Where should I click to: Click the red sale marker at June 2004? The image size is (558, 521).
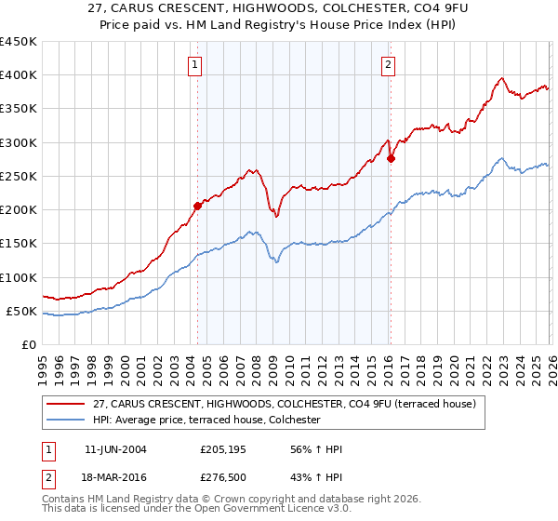click(197, 206)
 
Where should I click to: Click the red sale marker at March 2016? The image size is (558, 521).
click(391, 158)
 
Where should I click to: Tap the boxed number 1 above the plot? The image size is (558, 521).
click(194, 64)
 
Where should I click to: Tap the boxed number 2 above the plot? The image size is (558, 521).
click(387, 64)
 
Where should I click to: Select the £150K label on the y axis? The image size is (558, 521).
click(19, 244)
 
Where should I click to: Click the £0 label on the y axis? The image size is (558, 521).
click(29, 345)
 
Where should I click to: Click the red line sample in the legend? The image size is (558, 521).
click(66, 404)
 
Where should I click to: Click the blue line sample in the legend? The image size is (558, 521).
click(66, 421)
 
